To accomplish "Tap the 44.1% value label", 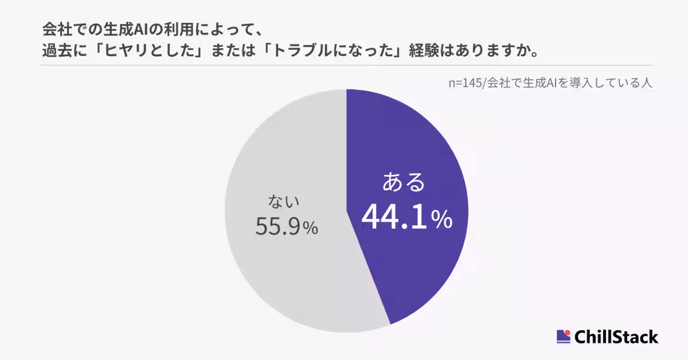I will point(395,218).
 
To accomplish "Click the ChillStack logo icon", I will point(564,336).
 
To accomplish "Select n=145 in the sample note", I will point(466,83).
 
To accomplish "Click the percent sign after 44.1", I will point(441,220).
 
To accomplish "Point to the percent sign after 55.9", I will point(310,229).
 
